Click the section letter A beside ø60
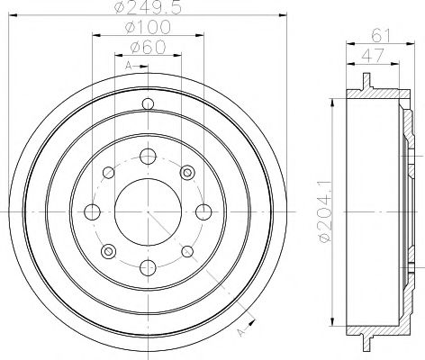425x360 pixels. [129, 67]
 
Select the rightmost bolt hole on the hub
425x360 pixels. [202, 212]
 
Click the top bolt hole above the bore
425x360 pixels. [147, 157]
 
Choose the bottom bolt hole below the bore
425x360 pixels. [147, 267]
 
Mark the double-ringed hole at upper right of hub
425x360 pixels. [187, 172]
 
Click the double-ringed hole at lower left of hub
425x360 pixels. [107, 251]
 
